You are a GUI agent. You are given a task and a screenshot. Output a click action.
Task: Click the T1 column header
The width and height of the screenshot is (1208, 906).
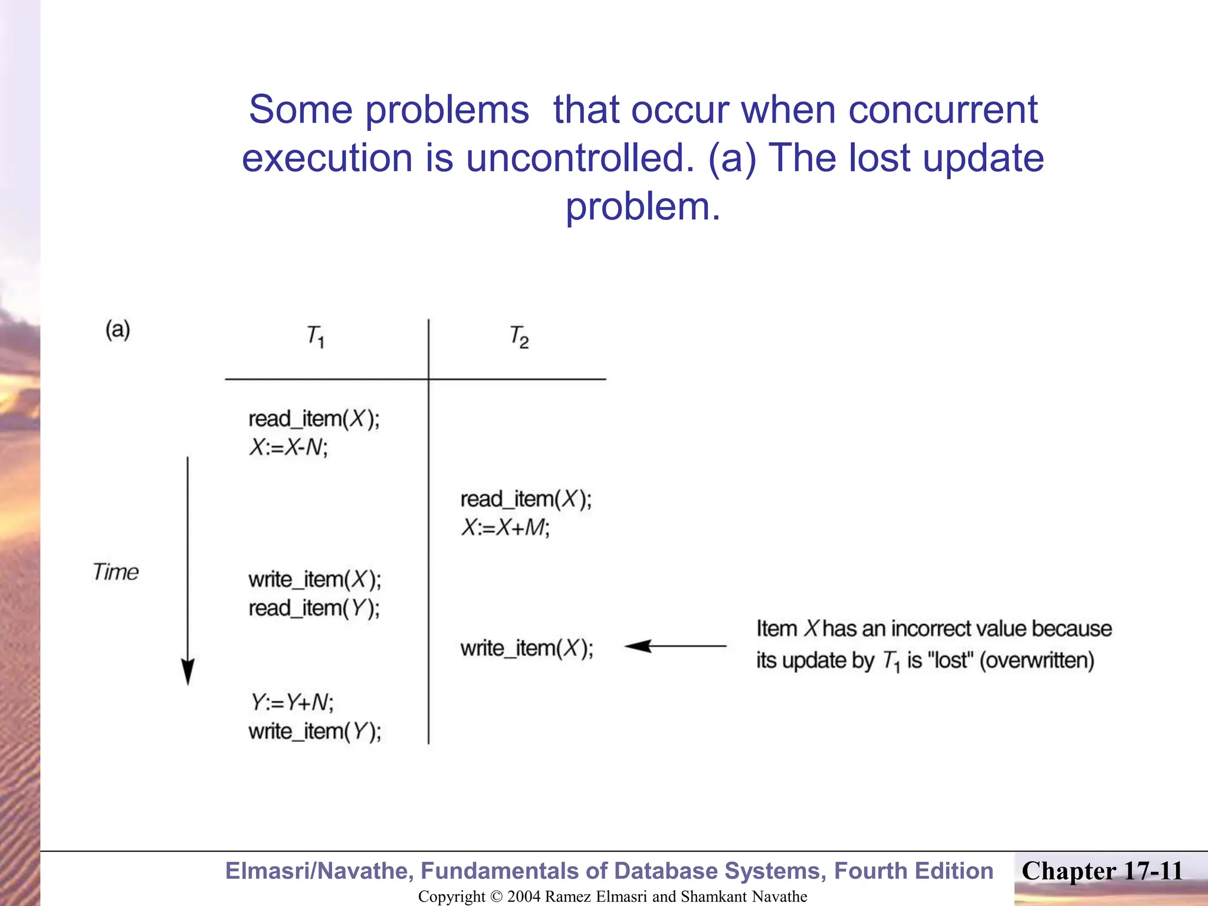315,336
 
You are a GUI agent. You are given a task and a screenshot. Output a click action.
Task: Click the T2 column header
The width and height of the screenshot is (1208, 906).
518,337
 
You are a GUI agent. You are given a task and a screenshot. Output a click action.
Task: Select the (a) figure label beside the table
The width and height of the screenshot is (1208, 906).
117,329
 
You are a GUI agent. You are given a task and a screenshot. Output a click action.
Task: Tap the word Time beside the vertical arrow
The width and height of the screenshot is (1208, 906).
115,572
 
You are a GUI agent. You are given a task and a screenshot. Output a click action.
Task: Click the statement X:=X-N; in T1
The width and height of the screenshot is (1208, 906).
288,448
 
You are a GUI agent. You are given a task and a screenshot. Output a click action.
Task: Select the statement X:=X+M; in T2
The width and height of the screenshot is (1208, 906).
505,527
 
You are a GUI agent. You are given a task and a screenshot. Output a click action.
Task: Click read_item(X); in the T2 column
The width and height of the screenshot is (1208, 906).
526,499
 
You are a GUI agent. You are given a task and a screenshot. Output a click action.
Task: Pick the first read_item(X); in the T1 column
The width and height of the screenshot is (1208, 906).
314,419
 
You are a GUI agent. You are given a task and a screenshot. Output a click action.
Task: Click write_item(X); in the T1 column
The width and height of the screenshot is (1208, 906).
314,579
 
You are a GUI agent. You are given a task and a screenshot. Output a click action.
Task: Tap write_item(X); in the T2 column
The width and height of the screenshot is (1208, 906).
526,648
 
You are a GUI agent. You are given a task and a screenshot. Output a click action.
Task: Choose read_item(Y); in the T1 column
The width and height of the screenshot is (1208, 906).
314,608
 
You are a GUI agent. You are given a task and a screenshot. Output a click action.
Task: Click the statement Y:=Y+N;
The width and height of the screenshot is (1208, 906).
292,703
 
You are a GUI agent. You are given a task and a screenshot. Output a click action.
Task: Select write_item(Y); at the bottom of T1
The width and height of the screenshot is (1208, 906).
314,731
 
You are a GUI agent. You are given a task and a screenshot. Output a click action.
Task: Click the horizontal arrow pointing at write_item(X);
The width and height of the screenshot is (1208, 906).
675,646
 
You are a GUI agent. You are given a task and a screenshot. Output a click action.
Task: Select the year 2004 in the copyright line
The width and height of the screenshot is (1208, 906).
523,897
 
